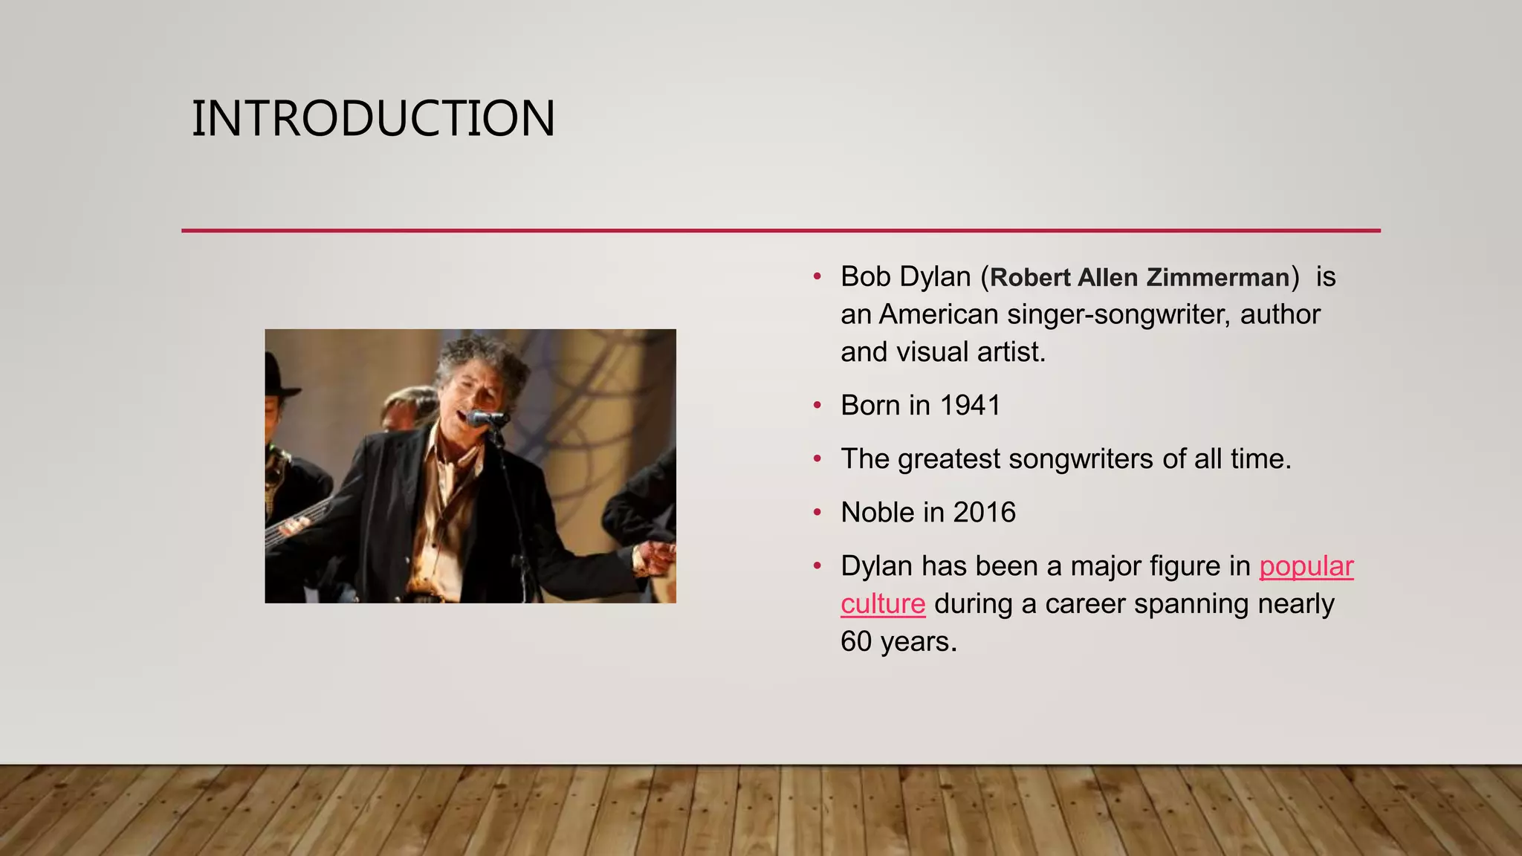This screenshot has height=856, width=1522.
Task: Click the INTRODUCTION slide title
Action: tap(373, 119)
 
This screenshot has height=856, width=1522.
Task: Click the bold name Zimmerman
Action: tap(1217, 278)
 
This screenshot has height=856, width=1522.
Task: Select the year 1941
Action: tap(970, 406)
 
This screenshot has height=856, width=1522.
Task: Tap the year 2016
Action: tap(984, 513)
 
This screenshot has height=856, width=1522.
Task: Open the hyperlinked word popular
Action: tap(1306, 566)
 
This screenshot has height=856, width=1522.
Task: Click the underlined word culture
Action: tap(883, 604)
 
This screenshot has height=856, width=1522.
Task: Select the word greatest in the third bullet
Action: tap(948, 460)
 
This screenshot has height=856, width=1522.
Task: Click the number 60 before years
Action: tap(856, 642)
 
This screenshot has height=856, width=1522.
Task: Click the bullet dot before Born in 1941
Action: tap(817, 406)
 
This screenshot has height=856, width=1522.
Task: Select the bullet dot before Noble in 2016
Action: tap(817, 513)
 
